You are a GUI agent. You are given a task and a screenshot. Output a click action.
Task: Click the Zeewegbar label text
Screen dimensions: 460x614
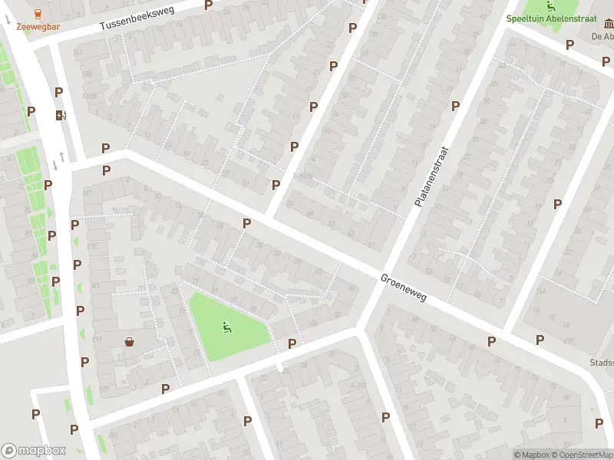point(38,27)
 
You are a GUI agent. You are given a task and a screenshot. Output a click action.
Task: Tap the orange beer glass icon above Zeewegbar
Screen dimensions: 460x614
point(38,13)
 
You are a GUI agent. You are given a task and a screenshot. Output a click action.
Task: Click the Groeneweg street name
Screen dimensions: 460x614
point(403,287)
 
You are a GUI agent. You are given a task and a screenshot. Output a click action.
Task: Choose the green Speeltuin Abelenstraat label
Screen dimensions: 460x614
point(559,18)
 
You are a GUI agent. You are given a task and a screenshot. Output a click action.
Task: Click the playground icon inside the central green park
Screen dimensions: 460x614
point(226,327)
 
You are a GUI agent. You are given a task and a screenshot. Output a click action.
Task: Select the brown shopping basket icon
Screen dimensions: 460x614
point(130,342)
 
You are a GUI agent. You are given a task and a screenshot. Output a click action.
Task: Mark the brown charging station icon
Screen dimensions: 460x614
point(60,116)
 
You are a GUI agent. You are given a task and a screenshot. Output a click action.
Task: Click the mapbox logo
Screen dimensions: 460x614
point(34,451)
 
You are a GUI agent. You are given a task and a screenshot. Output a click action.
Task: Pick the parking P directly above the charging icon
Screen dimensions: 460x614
point(58,93)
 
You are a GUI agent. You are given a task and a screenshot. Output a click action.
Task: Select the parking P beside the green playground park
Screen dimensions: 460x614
point(292,344)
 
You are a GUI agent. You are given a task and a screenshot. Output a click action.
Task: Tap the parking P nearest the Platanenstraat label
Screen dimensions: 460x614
point(455,107)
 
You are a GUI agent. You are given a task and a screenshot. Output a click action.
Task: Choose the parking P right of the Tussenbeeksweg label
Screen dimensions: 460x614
point(208,5)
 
